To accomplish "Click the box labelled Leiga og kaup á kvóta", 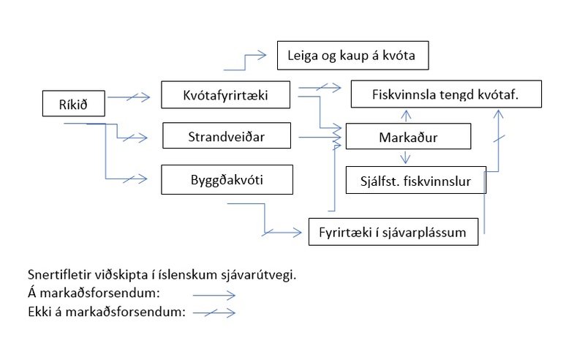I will (352, 55).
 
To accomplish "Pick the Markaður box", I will (408, 137).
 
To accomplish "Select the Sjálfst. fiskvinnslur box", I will (415, 179).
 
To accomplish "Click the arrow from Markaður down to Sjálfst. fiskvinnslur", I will (404, 157).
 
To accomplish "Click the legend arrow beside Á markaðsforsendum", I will (214, 296).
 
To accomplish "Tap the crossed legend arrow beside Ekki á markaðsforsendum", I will (214, 313).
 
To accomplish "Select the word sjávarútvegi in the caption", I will (268, 276).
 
